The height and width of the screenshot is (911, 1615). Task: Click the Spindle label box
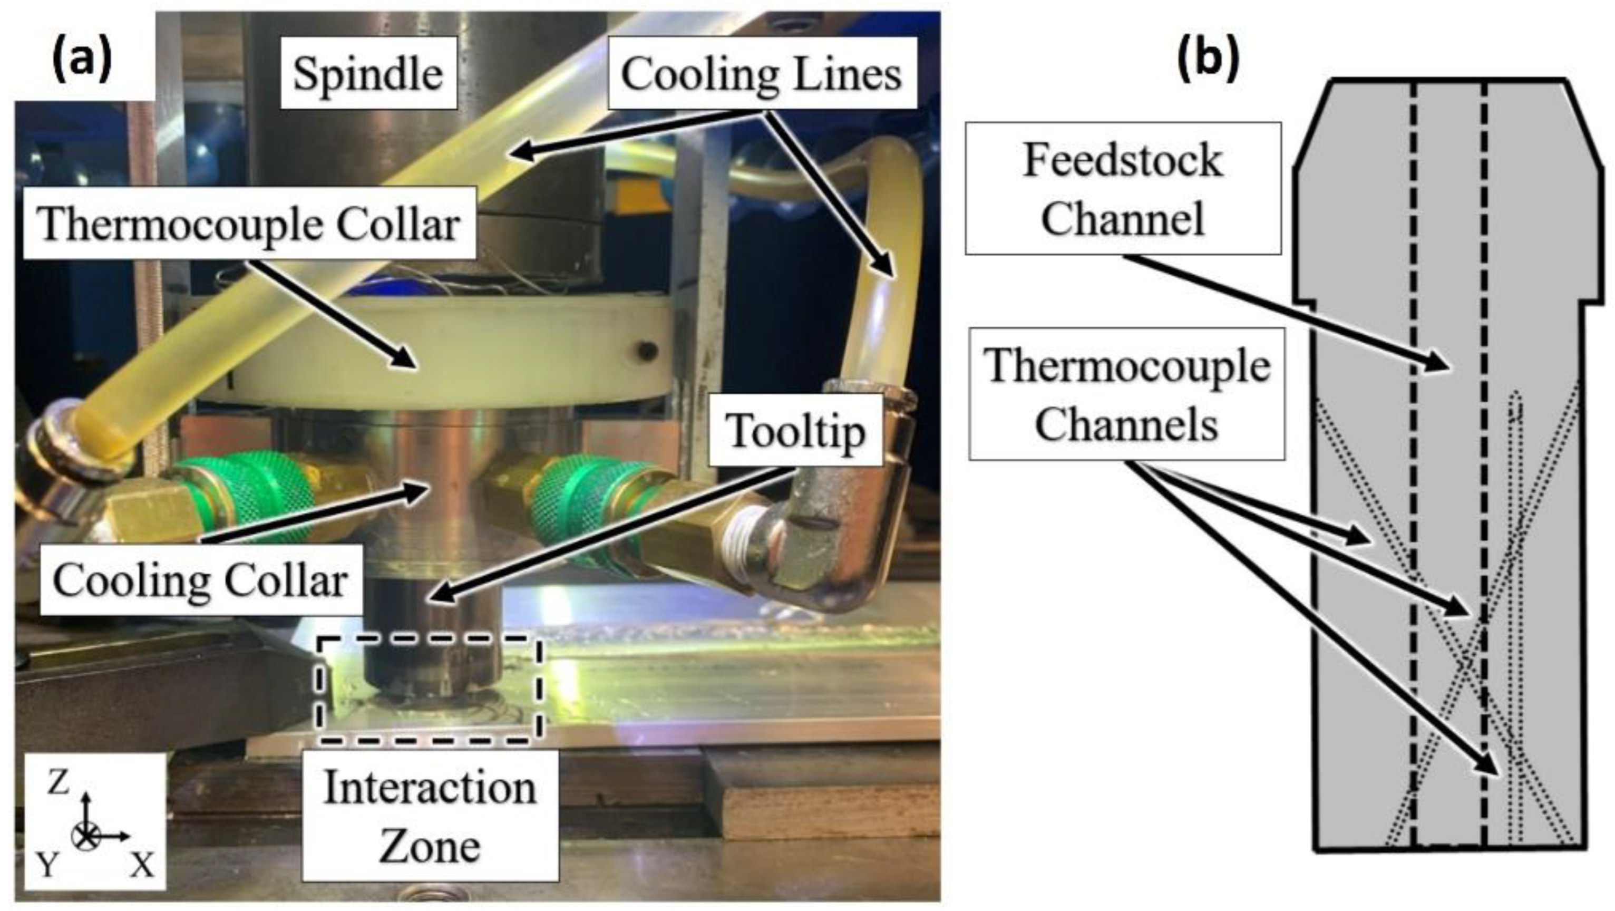[x=368, y=73]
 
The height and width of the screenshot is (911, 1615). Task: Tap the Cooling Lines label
[x=761, y=73]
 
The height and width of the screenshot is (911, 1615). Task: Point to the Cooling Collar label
[x=201, y=580]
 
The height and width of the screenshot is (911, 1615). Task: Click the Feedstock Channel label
[x=1122, y=188]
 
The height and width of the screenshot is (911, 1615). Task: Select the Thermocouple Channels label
[x=1126, y=394]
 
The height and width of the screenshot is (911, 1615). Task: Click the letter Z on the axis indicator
[x=59, y=782]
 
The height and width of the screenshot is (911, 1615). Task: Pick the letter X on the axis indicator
[x=142, y=866]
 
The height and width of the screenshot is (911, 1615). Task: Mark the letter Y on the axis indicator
[x=47, y=865]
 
